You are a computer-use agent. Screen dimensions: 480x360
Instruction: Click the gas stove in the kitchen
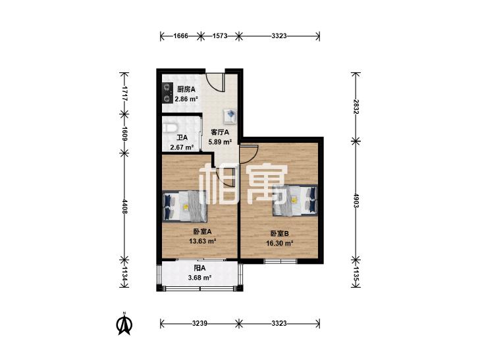coord(167,93)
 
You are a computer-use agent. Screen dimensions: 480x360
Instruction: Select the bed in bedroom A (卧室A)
coord(184,206)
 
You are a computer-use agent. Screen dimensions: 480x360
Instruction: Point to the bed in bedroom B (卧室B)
coord(295,200)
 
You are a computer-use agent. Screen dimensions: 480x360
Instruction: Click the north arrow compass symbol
coord(124,324)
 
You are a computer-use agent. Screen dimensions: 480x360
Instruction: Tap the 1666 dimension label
coord(180,36)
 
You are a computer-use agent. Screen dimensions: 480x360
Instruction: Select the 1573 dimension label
coord(220,36)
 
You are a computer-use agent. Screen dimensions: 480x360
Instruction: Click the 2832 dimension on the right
coord(356,107)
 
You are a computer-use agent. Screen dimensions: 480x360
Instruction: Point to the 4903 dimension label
coord(356,200)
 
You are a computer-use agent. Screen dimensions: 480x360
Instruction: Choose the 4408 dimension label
coord(124,207)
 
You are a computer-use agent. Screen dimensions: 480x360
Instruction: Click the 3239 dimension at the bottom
coord(200,323)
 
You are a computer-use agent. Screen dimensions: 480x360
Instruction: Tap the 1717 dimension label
coord(124,93)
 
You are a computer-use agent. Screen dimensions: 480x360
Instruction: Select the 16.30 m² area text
coord(280,243)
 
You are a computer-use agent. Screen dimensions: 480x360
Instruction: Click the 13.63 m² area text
coord(203,241)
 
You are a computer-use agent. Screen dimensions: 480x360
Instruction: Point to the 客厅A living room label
coord(220,132)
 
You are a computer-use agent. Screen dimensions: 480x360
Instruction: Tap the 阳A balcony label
coord(200,269)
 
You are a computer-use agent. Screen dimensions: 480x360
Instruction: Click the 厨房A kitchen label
coord(186,90)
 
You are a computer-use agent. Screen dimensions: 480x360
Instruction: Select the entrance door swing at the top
coord(215,82)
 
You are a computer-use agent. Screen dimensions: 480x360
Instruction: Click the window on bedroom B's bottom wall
coord(280,261)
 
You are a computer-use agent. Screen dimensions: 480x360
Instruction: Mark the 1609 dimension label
coord(124,134)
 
